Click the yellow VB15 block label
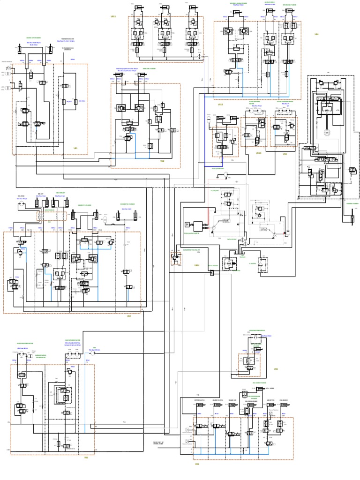tap(113, 16)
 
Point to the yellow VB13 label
tap(220, 104)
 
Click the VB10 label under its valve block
tap(258, 153)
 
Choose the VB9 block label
tap(285, 153)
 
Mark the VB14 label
tap(197, 265)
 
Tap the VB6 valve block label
tap(276, 369)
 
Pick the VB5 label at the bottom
tap(197, 464)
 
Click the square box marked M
tap(186, 224)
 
